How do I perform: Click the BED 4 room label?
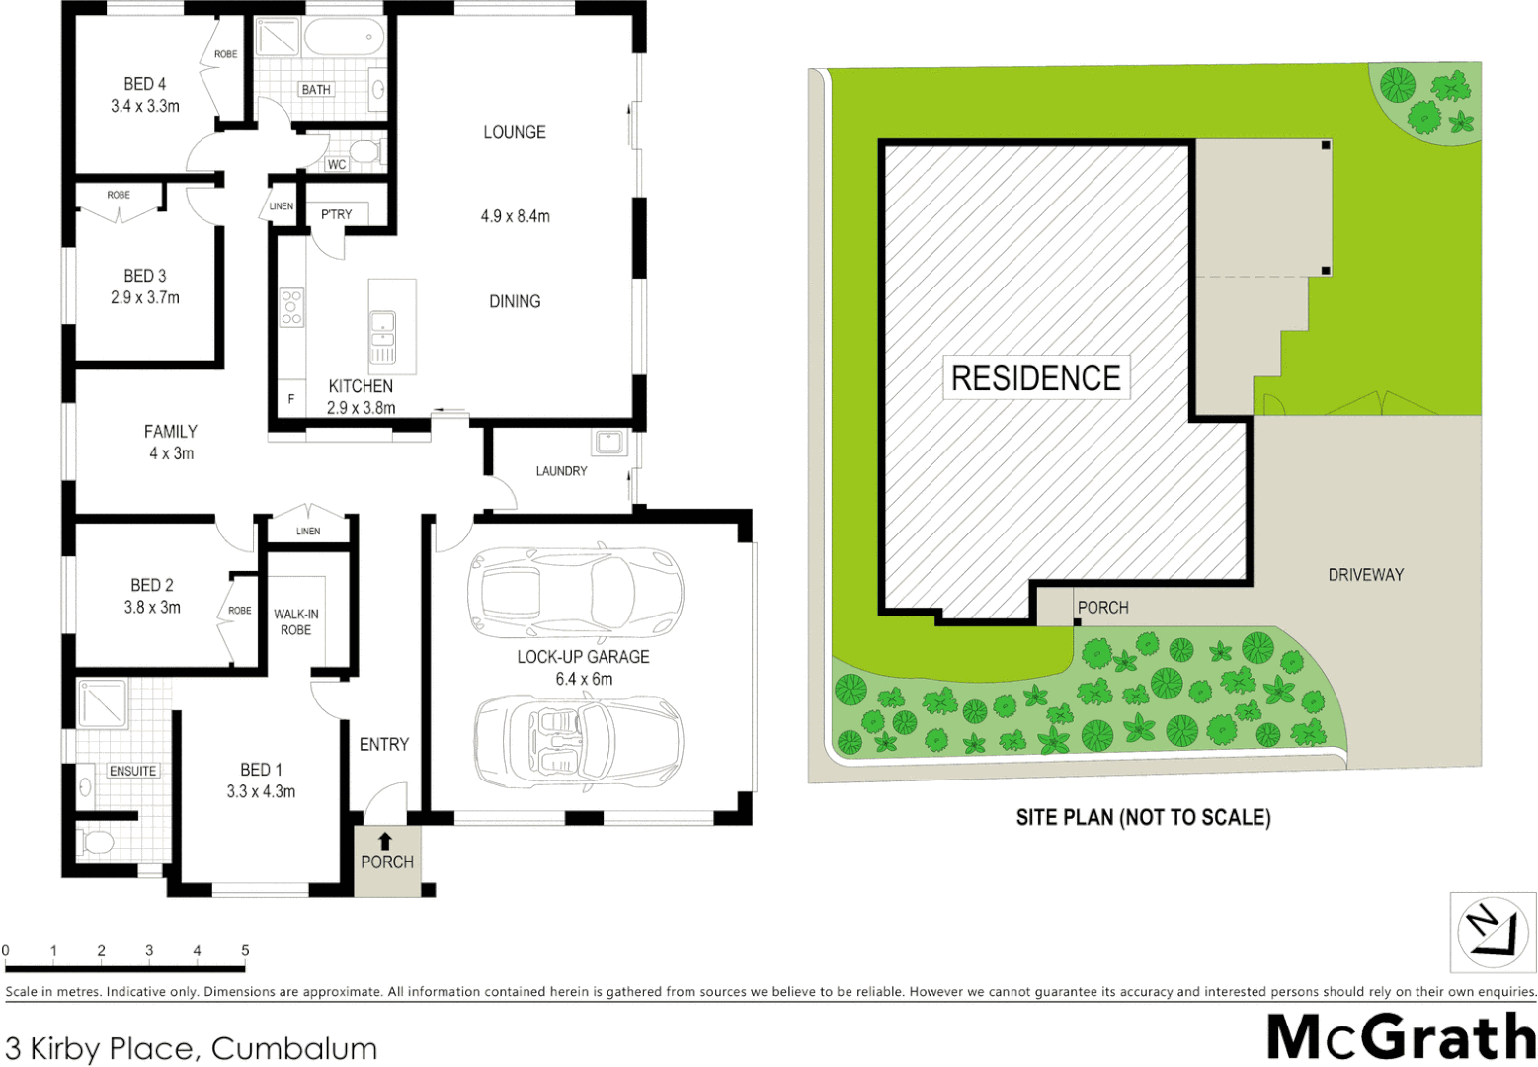coord(145,84)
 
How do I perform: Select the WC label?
coord(337,164)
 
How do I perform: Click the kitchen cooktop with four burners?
coord(291,307)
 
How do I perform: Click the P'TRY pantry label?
coord(336,214)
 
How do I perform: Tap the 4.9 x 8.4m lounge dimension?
coord(515,216)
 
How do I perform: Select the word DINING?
coord(515,301)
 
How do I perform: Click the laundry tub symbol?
coord(607,442)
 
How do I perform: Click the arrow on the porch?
coord(385,842)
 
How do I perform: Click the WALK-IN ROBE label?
coord(295,621)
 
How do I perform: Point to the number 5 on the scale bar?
coord(245,950)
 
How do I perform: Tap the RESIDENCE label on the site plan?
coord(1035,377)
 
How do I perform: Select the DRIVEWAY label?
coord(1365,574)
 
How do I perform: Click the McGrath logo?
coord(1401,1037)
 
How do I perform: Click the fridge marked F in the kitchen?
coord(290,399)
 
